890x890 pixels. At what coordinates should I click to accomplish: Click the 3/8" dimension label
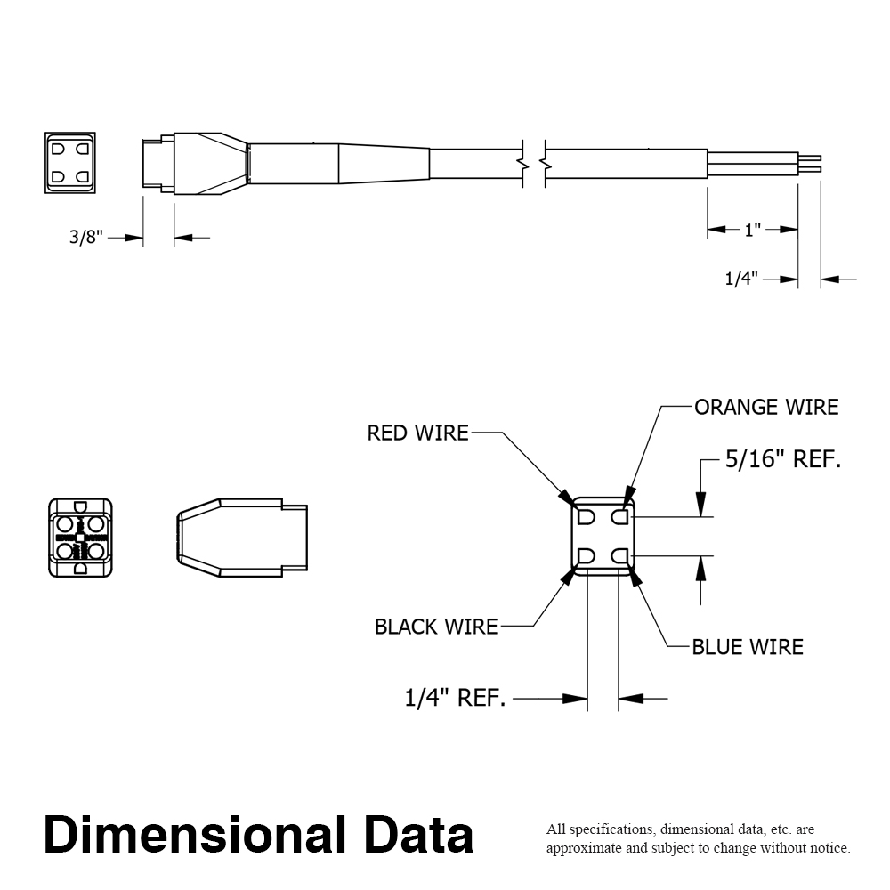click(x=86, y=238)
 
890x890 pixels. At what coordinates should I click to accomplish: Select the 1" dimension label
click(x=753, y=230)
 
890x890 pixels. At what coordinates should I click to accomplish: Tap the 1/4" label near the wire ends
click(x=740, y=279)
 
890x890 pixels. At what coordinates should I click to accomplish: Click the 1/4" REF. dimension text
click(x=456, y=699)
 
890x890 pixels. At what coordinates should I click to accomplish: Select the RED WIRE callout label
click(x=417, y=433)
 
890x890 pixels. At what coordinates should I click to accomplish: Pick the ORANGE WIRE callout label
click(x=766, y=408)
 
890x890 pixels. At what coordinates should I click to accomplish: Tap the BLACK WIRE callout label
click(x=436, y=627)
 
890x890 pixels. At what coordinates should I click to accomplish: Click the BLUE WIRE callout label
click(x=748, y=647)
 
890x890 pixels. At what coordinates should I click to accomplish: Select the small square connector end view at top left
click(x=69, y=163)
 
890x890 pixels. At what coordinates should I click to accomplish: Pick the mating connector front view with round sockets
click(x=81, y=538)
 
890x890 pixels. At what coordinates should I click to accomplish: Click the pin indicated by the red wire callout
click(x=587, y=517)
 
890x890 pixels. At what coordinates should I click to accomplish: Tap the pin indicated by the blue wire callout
click(x=620, y=557)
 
